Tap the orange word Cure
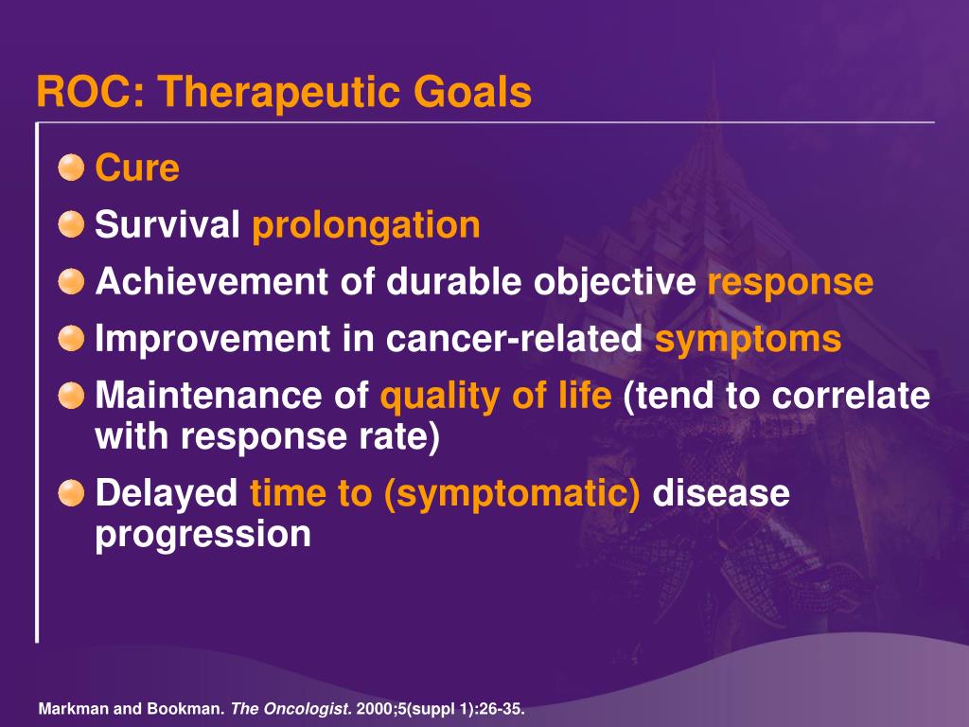(137, 168)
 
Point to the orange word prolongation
(366, 226)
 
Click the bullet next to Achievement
(71, 281)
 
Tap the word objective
(615, 283)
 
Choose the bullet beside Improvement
(71, 338)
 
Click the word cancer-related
(514, 338)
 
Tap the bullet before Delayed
(71, 492)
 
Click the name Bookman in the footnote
(195, 708)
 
